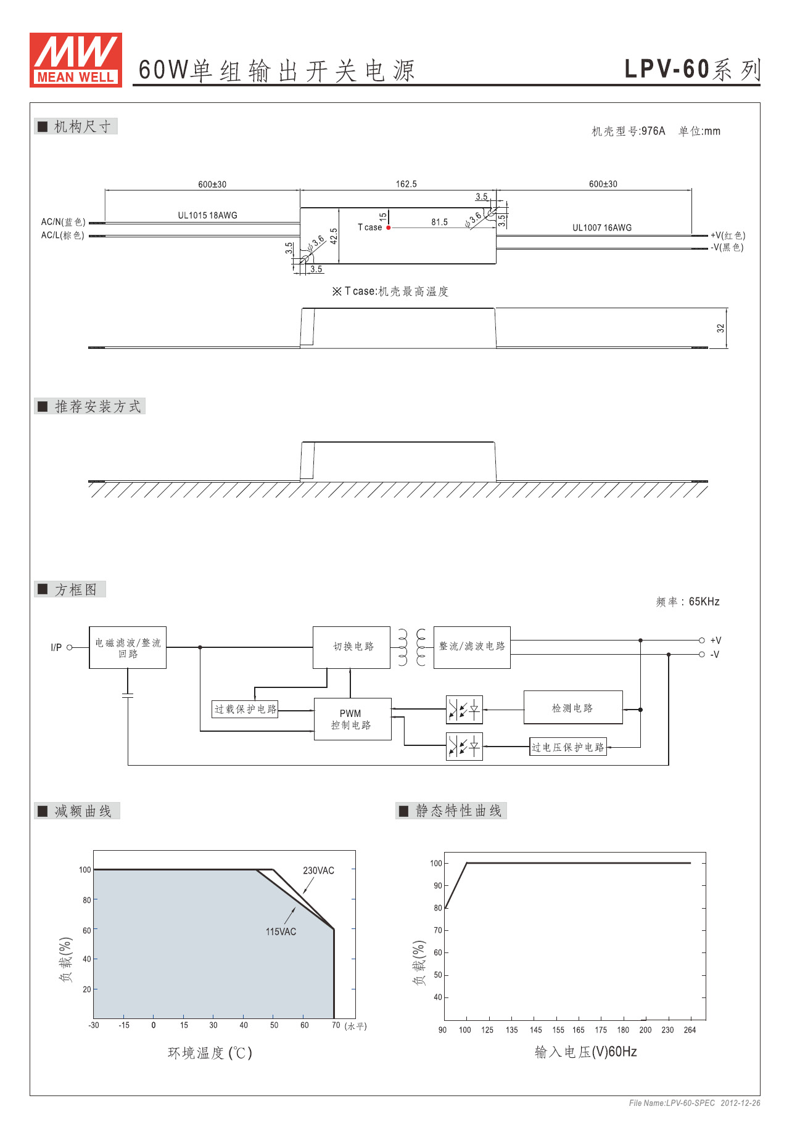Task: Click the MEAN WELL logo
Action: coord(76,60)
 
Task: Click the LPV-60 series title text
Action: coord(691,69)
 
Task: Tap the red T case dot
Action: coord(389,227)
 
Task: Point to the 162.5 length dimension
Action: coord(406,184)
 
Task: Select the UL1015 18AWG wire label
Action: coord(207,215)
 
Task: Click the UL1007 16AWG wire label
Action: coord(601,227)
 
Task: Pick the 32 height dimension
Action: coord(720,328)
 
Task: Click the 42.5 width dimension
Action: coord(334,236)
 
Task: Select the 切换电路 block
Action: coord(352,647)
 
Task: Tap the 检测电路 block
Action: coord(572,708)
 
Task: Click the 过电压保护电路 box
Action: coord(567,747)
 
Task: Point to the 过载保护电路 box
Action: coord(245,709)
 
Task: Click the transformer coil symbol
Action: coord(411,647)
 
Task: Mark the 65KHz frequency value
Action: coord(704,602)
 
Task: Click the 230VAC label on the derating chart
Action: coord(318,870)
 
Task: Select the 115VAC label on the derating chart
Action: coord(281,931)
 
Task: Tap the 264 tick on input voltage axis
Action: coord(690,1030)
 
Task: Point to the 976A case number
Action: coord(653,131)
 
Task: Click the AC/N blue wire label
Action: coord(63,222)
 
